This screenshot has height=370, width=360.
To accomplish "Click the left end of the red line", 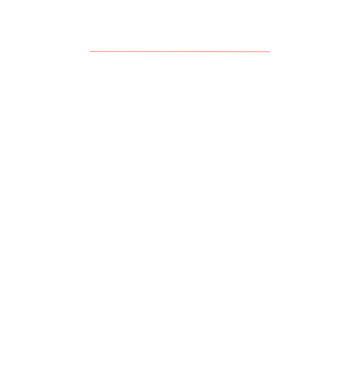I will point(90,51).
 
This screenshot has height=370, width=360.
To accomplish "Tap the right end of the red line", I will point(270,52).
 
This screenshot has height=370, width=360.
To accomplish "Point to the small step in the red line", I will point(194,51).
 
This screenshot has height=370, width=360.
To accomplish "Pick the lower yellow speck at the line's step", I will point(195,52).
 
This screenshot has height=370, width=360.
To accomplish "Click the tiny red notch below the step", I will point(194,52).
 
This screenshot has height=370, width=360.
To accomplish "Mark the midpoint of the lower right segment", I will point(232,52).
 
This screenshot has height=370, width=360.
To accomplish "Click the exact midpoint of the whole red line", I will point(180,51).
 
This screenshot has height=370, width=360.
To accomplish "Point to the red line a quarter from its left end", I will point(135,51).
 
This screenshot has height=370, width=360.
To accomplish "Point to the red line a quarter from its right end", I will point(225,52).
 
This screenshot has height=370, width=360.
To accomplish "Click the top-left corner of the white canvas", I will point(0,0).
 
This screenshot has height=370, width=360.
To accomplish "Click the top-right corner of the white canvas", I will point(359,0).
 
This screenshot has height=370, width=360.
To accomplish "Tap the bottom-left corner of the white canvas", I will point(0,369).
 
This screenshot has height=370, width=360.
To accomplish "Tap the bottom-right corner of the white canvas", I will point(359,369).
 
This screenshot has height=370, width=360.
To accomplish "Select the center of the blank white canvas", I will point(180,185).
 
